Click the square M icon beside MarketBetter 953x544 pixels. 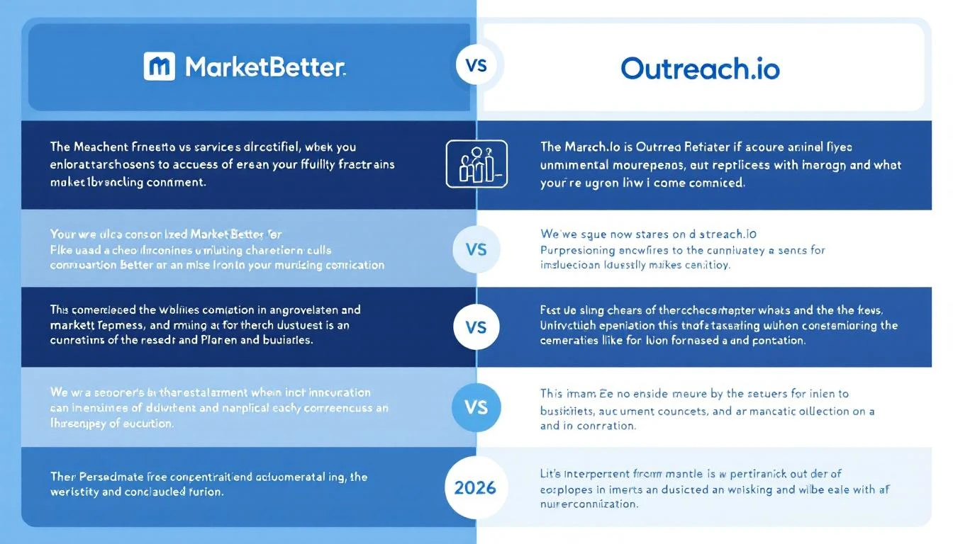[x=159, y=67]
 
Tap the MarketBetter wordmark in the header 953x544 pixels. [x=265, y=67]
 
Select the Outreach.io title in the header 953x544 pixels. [x=700, y=68]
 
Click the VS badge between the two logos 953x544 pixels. [x=476, y=65]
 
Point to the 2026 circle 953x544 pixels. [x=475, y=487]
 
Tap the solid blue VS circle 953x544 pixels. [x=476, y=408]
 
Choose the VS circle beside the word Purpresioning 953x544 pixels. [x=476, y=249]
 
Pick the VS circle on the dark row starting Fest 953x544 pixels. [x=476, y=328]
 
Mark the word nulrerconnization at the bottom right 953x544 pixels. [x=589, y=505]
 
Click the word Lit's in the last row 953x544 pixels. [x=550, y=473]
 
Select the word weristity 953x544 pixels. [x=74, y=492]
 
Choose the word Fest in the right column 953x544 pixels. [x=550, y=310]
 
